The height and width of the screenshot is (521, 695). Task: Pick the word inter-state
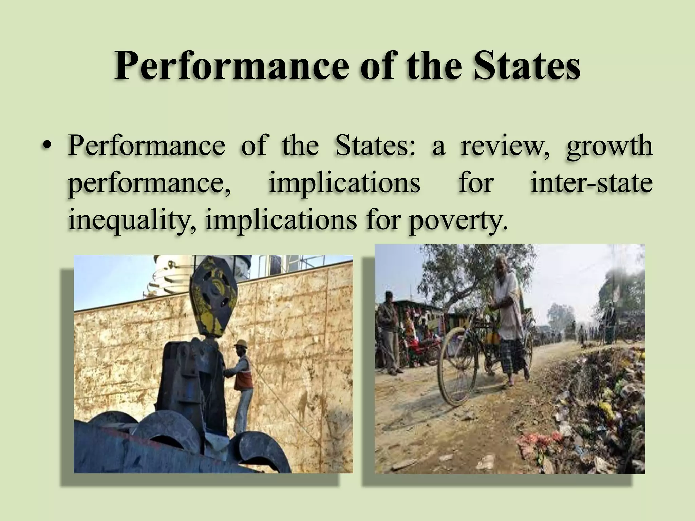[x=591, y=183]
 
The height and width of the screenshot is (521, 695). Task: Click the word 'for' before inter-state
[x=475, y=183]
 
